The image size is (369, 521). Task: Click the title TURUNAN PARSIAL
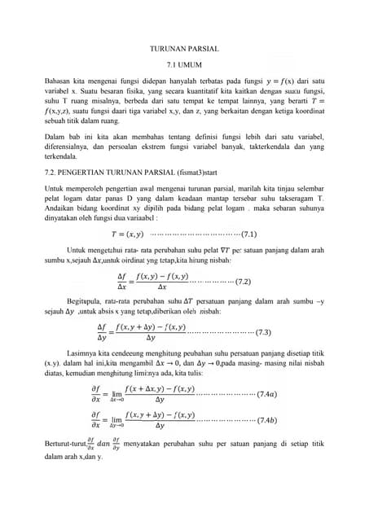184,49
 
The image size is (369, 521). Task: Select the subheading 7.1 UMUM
184,64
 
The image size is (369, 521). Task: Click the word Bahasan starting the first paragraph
58,82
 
